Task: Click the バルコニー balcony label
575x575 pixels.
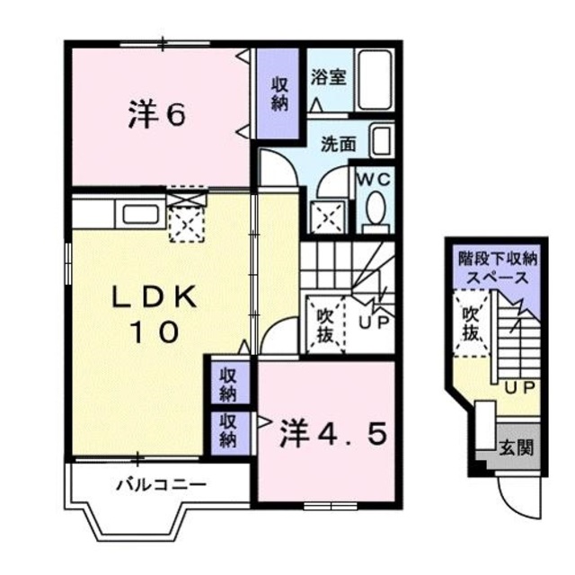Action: click(161, 485)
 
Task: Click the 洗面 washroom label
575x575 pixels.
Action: click(340, 142)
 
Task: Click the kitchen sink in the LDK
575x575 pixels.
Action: click(139, 215)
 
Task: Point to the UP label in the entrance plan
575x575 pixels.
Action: click(516, 387)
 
